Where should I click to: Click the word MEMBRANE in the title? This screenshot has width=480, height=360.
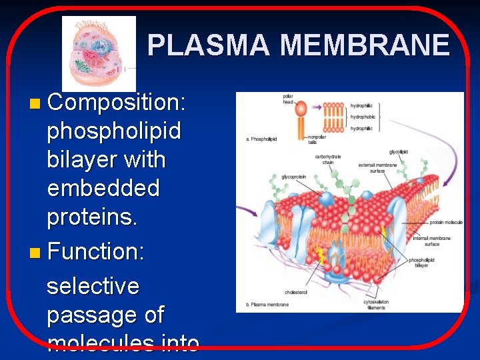click(x=365, y=45)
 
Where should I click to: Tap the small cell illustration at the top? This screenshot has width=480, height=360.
click(x=99, y=53)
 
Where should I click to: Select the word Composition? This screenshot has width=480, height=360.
click(x=117, y=103)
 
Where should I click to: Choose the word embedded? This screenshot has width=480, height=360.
click(x=103, y=189)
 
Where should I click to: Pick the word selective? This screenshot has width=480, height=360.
click(x=93, y=286)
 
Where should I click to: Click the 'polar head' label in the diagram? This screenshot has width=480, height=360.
click(x=287, y=99)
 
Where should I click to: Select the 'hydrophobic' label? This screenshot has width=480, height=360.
click(x=363, y=117)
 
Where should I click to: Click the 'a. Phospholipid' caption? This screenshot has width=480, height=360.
click(x=261, y=139)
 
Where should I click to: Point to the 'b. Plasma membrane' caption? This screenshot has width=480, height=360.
click(x=267, y=305)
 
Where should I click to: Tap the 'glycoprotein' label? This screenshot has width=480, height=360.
click(x=293, y=177)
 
